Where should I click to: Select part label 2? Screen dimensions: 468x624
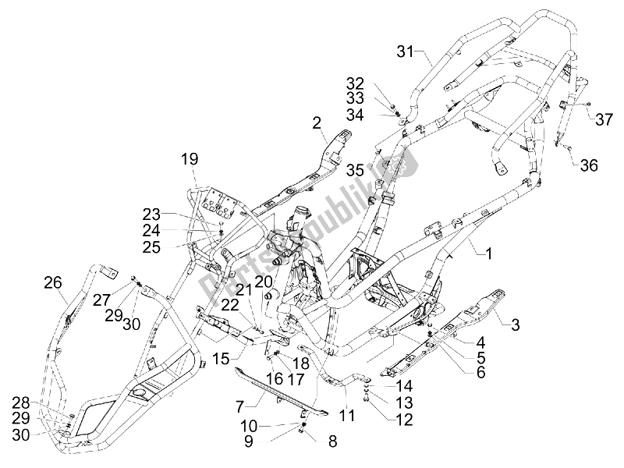(x=317, y=122)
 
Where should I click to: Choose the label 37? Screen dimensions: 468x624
(x=604, y=119)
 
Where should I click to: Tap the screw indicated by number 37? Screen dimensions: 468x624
(x=588, y=104)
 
